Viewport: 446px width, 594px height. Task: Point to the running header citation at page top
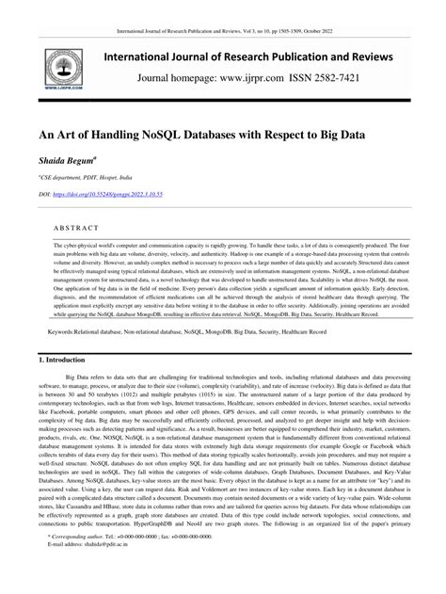(223, 7)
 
